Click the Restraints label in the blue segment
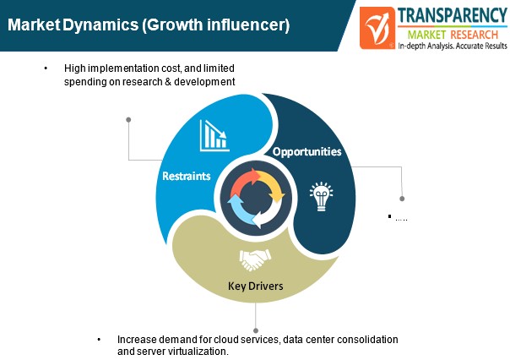tap(187, 176)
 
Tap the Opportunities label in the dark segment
tap(307, 151)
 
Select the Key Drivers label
tap(256, 286)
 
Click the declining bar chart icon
tap(214, 136)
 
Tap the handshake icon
tap(255, 259)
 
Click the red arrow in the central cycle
tap(245, 182)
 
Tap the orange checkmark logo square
tap(377, 28)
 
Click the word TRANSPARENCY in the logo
tap(452, 15)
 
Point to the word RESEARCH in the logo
tap(475, 35)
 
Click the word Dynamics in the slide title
tap(100, 25)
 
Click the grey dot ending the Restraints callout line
tap(128, 120)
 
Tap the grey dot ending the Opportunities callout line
tap(402, 199)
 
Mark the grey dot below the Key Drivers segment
tap(256, 330)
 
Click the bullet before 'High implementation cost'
tap(46, 68)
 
